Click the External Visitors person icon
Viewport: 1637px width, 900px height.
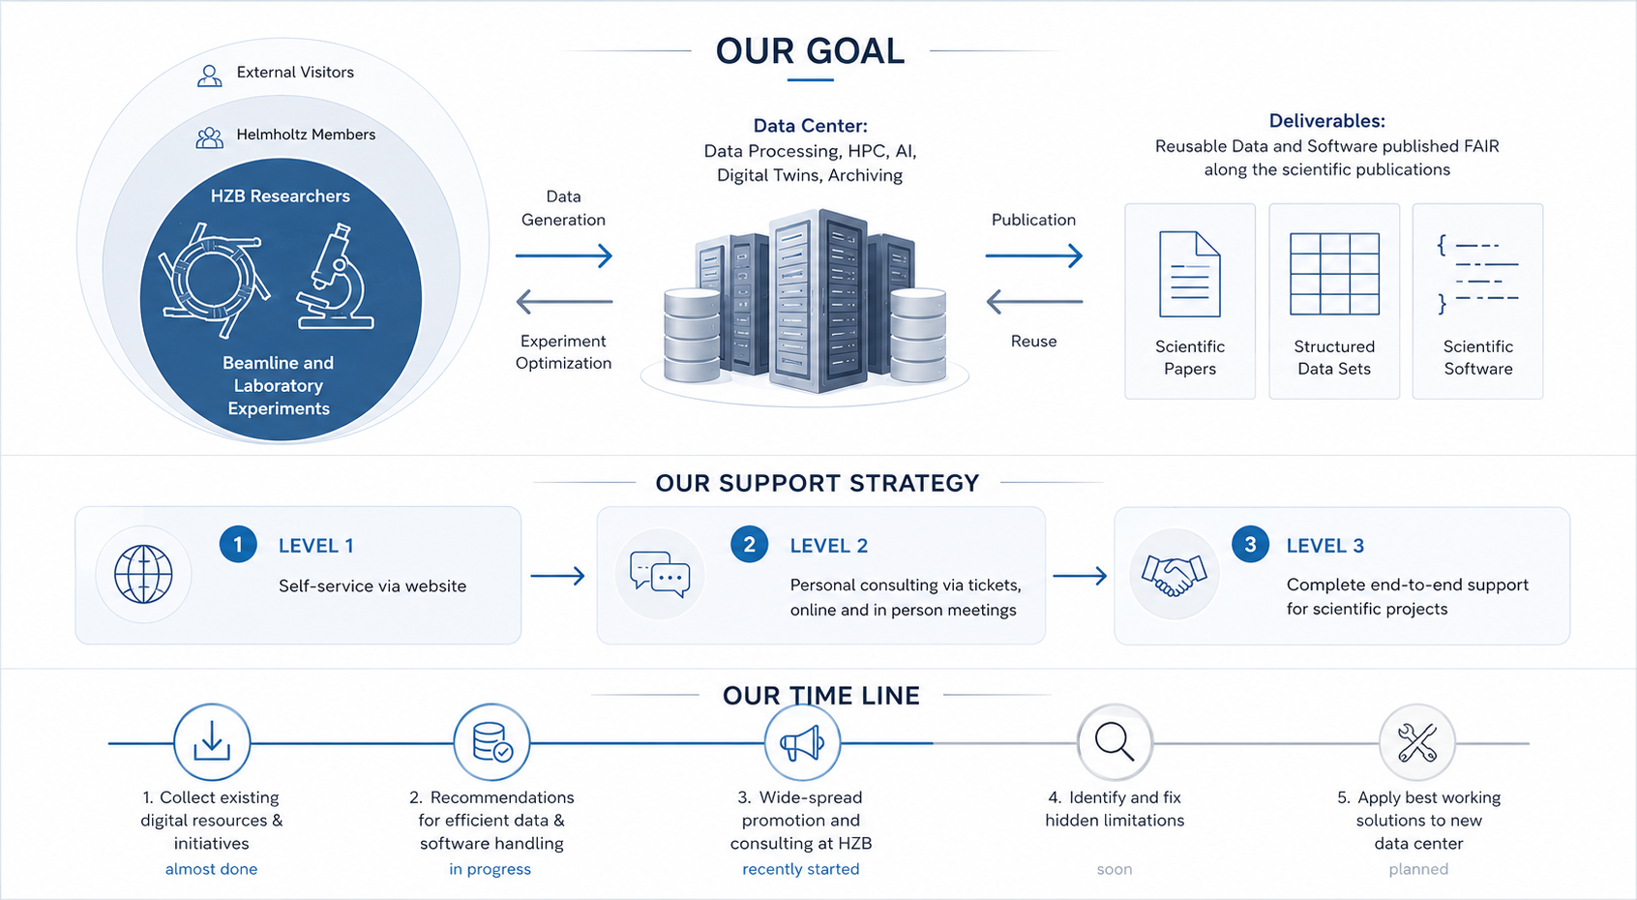(x=210, y=76)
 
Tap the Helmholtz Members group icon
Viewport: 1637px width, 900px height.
(x=210, y=137)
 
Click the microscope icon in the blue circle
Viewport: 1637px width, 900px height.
(x=336, y=277)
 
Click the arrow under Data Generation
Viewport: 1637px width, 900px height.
(x=563, y=255)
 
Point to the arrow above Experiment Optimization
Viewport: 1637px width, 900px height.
(x=564, y=301)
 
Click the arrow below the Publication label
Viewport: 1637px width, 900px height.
(x=1033, y=255)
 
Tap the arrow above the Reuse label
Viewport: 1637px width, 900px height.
(x=1034, y=301)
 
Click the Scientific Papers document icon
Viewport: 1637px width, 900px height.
(x=1190, y=274)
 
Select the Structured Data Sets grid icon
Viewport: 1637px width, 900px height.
(x=1334, y=274)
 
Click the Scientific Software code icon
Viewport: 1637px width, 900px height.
(x=1477, y=274)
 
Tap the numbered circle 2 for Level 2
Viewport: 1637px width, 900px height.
(x=749, y=544)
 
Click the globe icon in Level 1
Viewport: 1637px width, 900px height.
(x=143, y=574)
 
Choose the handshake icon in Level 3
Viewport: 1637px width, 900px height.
(x=1174, y=575)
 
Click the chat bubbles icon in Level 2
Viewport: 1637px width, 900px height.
(x=660, y=574)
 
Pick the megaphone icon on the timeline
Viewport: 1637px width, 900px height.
(x=802, y=743)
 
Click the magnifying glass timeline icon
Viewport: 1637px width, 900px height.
(x=1115, y=743)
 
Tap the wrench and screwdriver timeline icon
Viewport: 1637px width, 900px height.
(x=1417, y=743)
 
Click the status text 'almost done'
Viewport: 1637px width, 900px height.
(x=211, y=869)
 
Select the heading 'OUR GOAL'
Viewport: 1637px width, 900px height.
(x=810, y=51)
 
